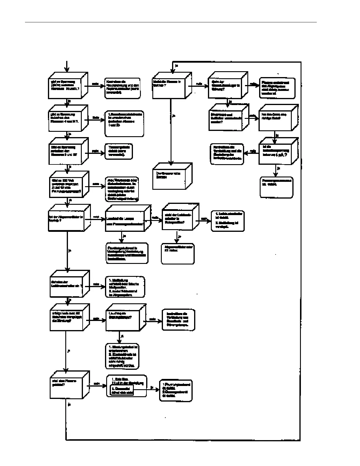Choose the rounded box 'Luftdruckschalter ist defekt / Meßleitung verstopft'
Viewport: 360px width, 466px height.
point(228,221)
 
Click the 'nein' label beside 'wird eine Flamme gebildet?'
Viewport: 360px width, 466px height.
point(96,383)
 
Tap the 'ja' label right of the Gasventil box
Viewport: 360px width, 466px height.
point(152,387)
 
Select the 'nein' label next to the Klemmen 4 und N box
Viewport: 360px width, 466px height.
point(96,118)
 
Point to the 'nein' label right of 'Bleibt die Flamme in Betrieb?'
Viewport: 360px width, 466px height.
point(199,84)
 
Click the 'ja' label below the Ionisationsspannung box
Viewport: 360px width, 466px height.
point(279,168)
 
